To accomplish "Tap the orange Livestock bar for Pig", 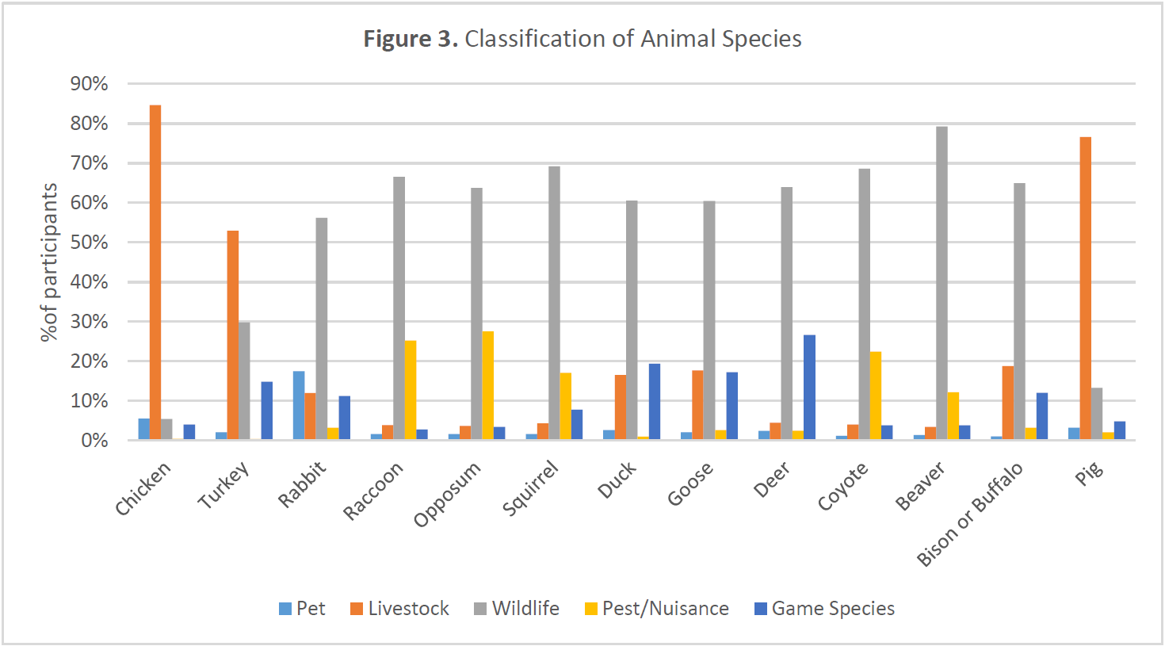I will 1085,289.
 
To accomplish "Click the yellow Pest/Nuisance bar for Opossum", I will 487,385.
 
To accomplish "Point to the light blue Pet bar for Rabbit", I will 298,405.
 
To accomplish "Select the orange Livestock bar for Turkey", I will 233,334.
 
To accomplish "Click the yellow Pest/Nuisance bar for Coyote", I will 875,396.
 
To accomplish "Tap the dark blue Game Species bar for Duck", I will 655,401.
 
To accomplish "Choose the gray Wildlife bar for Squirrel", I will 554,303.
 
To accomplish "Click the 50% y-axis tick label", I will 89,243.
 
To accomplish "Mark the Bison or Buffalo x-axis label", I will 969,514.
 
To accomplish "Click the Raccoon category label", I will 373,491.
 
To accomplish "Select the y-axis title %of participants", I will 49,262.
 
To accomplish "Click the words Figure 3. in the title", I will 411,39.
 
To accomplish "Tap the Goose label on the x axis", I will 690,484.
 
